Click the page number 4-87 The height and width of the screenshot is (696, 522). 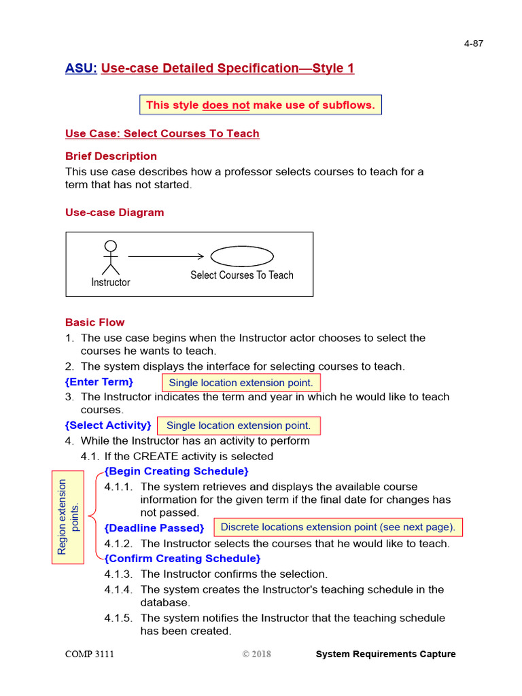tap(473, 43)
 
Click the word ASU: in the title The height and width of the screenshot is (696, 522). tap(81, 68)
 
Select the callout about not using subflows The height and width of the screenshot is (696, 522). tap(260, 105)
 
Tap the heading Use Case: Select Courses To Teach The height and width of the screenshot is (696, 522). tap(162, 133)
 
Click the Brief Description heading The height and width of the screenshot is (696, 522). tap(111, 156)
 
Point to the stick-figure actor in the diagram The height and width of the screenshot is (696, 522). tap(110, 258)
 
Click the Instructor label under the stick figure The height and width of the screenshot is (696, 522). tap(110, 282)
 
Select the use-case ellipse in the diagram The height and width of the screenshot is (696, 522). tap(242, 256)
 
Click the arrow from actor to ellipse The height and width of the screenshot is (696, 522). tap(166, 256)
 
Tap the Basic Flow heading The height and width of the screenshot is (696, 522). tap(94, 322)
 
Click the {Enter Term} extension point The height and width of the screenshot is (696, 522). tap(99, 382)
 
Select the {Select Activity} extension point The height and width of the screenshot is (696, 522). tap(108, 425)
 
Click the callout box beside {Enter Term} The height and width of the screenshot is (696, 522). tap(241, 383)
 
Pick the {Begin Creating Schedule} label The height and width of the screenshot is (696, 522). tap(176, 471)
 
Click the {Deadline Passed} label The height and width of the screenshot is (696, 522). tap(154, 528)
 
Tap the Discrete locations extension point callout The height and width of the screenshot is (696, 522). tap(338, 527)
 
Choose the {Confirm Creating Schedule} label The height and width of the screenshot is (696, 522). tap(182, 559)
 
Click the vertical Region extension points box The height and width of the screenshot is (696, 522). tap(69, 517)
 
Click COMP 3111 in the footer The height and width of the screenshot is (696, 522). tap(90, 654)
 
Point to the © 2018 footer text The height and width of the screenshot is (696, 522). tap(256, 654)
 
